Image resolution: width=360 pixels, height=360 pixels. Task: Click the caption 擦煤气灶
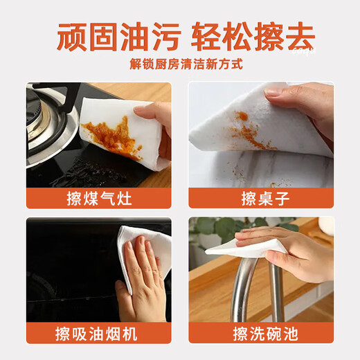click(x=98, y=199)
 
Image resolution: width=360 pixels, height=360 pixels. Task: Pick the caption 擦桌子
click(x=261, y=199)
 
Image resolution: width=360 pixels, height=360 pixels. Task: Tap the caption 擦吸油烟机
click(x=98, y=334)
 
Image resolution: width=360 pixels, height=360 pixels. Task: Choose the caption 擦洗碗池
click(x=261, y=334)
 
